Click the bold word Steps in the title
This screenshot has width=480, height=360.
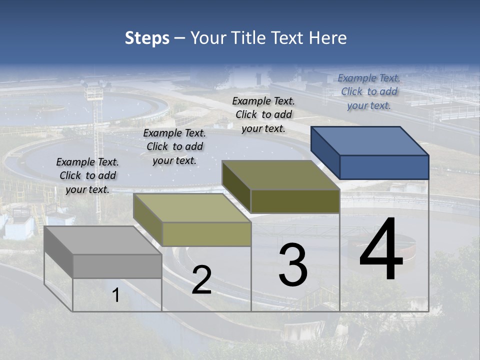click(x=147, y=38)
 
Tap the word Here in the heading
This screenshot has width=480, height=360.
click(x=327, y=38)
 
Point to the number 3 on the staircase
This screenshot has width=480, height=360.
click(x=293, y=264)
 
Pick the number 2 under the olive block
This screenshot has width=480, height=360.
click(x=201, y=280)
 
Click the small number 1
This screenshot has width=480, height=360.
click(x=116, y=295)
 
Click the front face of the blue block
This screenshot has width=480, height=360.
click(x=384, y=167)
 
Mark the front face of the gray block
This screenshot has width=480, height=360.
click(x=117, y=266)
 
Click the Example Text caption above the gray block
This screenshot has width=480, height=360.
click(x=87, y=175)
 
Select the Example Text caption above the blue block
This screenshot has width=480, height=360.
click(x=369, y=91)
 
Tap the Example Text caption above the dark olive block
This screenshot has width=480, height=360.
click(x=263, y=114)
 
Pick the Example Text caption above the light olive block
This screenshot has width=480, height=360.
click(x=174, y=146)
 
